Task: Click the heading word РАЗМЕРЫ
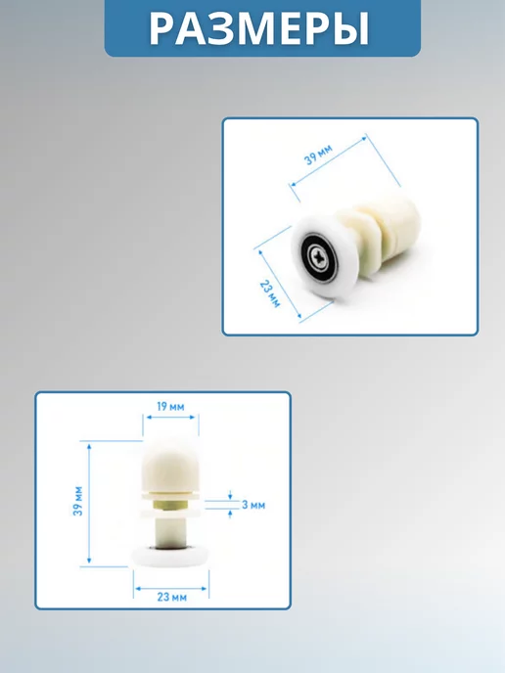pos(259,28)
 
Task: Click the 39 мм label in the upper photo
pos(318,155)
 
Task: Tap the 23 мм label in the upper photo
pos(270,293)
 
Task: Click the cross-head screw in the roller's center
pos(321,258)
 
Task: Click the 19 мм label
pos(170,406)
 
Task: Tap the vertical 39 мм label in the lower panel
pos(78,501)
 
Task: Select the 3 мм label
pos(253,505)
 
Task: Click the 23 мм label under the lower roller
pos(172,597)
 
